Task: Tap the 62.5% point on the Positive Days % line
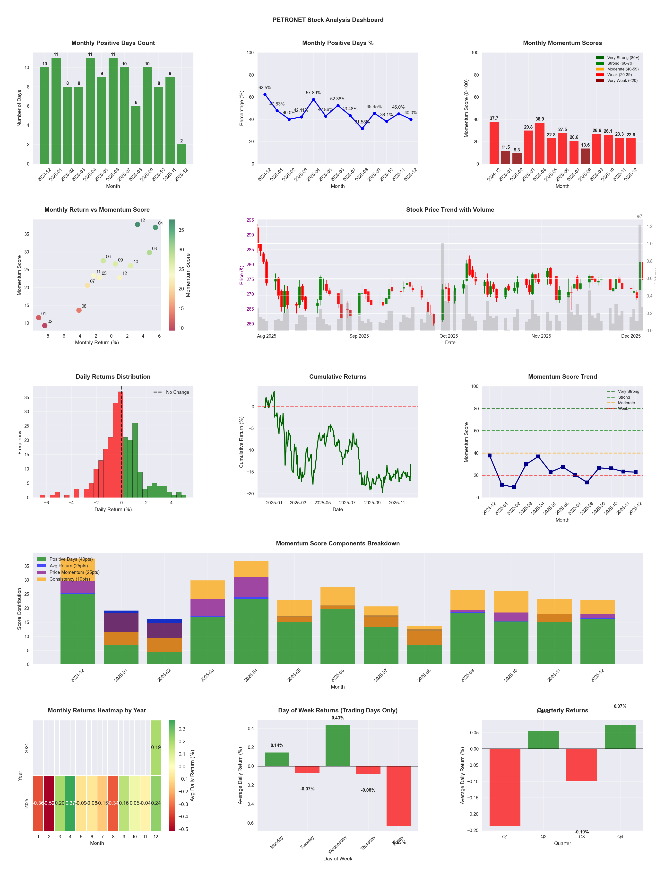coord(265,94)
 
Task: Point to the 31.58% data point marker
coord(362,129)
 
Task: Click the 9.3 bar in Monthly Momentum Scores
coord(517,159)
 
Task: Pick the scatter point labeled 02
coord(45,325)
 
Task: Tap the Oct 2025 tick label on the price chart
coord(449,336)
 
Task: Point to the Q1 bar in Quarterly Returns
coord(505,787)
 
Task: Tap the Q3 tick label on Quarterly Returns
coord(582,837)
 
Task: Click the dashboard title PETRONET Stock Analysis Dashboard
coord(328,20)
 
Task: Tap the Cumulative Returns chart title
coord(338,376)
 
